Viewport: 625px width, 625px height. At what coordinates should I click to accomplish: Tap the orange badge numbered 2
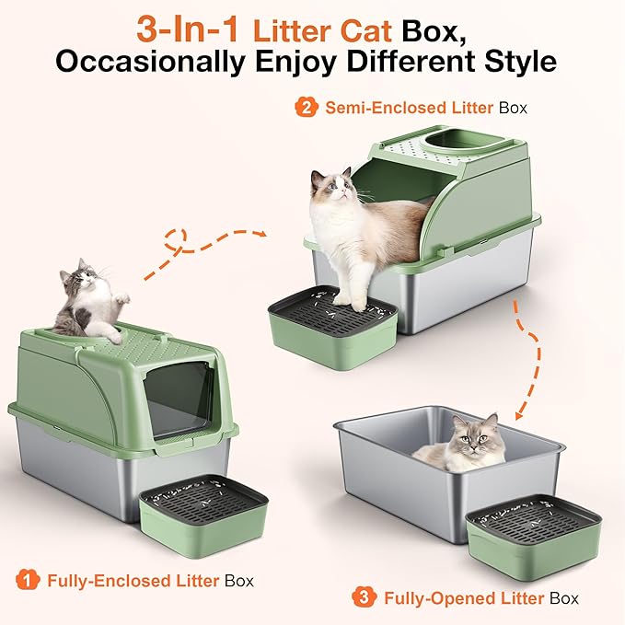[306, 107]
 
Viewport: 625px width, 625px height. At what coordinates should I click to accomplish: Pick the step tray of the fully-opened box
[533, 543]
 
